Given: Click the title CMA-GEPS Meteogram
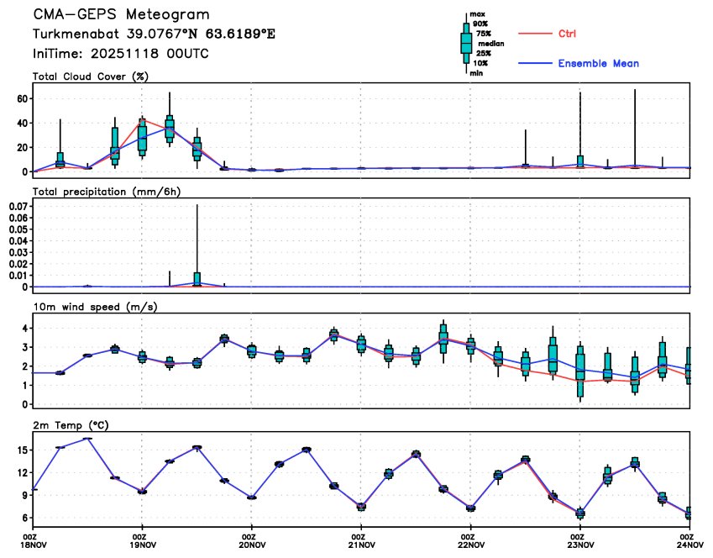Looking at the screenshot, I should pyautogui.click(x=121, y=15).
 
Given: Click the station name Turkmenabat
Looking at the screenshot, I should pyautogui.click(x=73, y=34).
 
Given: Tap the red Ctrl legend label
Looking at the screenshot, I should pyautogui.click(x=568, y=34).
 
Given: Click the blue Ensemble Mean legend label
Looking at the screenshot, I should pyautogui.click(x=599, y=64).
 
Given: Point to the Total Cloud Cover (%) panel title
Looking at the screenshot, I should pyautogui.click(x=90, y=76).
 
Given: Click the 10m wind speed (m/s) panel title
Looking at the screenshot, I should pyautogui.click(x=95, y=307).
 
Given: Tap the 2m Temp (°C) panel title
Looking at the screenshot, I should pyautogui.click(x=73, y=425).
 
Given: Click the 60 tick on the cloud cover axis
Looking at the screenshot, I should pyautogui.click(x=25, y=98).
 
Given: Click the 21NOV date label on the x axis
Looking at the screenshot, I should pyautogui.click(x=359, y=545).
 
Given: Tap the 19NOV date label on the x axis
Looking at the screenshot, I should pyautogui.click(x=140, y=545).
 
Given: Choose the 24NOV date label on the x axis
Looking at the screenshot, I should pyautogui.click(x=688, y=545).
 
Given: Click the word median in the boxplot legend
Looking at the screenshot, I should pyautogui.click(x=491, y=42).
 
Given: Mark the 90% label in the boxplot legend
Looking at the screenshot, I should pyautogui.click(x=480, y=24).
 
